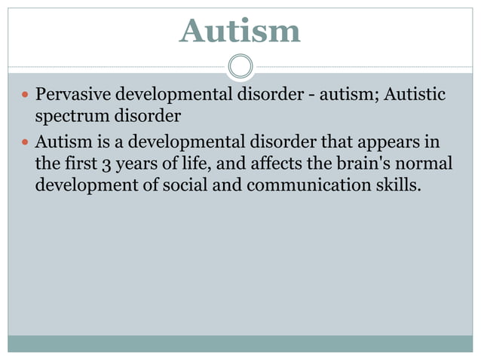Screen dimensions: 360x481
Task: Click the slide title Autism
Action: pos(240,31)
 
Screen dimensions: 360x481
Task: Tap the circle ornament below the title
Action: pos(240,66)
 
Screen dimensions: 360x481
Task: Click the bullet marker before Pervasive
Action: pos(24,97)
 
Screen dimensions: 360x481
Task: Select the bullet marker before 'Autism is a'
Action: pos(24,142)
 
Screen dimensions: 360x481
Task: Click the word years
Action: pos(137,163)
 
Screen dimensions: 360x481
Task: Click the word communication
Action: pos(308,185)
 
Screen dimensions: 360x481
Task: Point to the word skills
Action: pos(397,185)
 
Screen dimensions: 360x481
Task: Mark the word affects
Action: pos(247,163)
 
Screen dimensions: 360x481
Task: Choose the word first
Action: pos(79,163)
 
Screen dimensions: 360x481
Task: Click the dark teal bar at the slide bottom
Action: pos(240,343)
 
